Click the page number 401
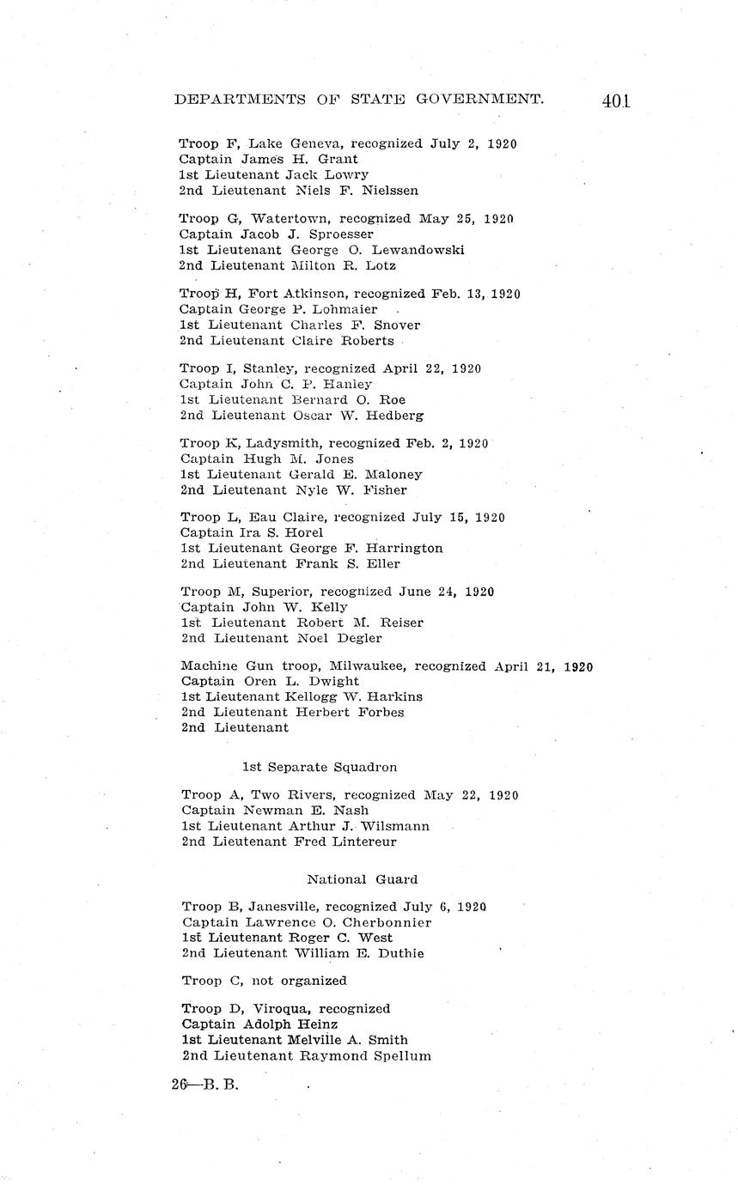click(616, 101)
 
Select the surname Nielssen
click(390, 191)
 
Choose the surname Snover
click(397, 325)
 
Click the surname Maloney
click(393, 474)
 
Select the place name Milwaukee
click(368, 666)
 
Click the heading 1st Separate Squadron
click(319, 767)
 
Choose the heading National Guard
click(362, 879)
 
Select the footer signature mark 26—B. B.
click(204, 1084)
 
